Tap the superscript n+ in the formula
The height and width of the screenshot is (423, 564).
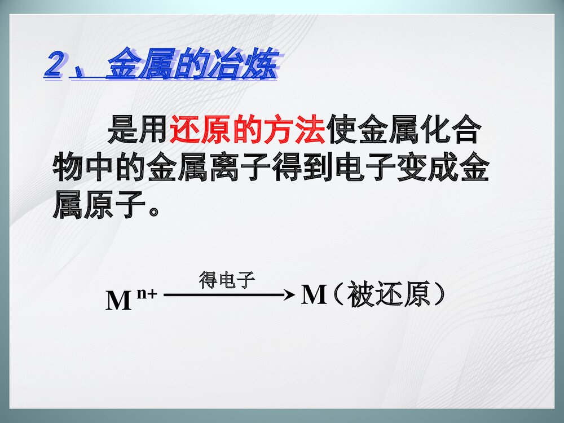click(x=146, y=293)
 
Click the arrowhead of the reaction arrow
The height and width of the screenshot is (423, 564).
click(x=289, y=295)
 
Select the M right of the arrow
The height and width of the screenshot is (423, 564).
click(x=314, y=295)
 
